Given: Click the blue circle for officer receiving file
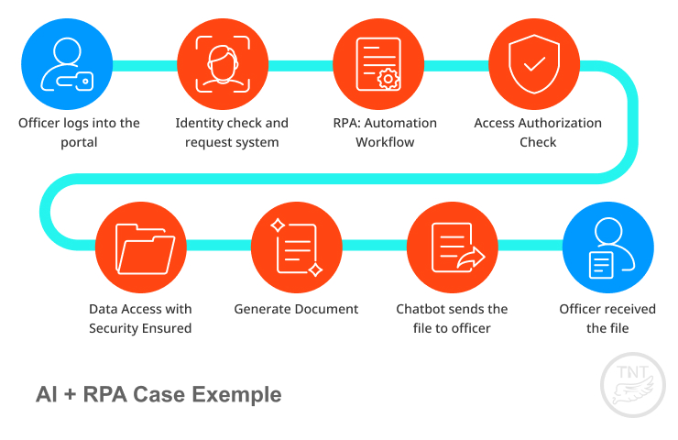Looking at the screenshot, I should [x=607, y=247].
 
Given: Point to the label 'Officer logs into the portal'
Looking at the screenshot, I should [x=79, y=132].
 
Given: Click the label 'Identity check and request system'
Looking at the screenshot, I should [x=232, y=132].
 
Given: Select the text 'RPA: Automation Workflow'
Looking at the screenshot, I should [x=385, y=132].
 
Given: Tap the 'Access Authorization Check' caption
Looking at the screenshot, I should [x=538, y=132].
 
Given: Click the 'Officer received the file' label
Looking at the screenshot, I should [x=607, y=318].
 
